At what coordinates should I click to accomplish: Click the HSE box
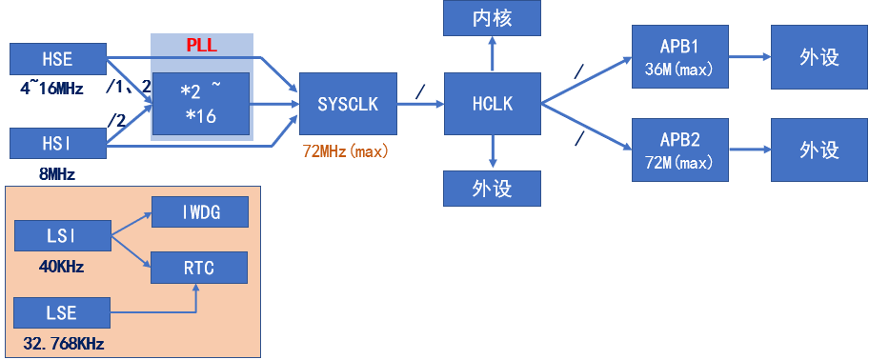56,59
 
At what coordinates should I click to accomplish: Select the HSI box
56,144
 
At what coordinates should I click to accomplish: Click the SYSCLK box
347,104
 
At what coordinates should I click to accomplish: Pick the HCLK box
492,104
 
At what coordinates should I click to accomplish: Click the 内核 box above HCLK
492,17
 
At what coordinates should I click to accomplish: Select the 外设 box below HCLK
492,189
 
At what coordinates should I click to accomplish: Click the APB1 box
679,57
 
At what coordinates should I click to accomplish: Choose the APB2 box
679,150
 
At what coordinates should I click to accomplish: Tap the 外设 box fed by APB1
818,57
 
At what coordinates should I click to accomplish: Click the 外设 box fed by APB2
818,150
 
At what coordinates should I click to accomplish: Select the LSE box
62,313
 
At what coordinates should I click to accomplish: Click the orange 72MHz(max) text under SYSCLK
346,151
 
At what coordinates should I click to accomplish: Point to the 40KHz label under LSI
61,267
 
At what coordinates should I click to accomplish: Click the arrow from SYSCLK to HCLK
419,103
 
